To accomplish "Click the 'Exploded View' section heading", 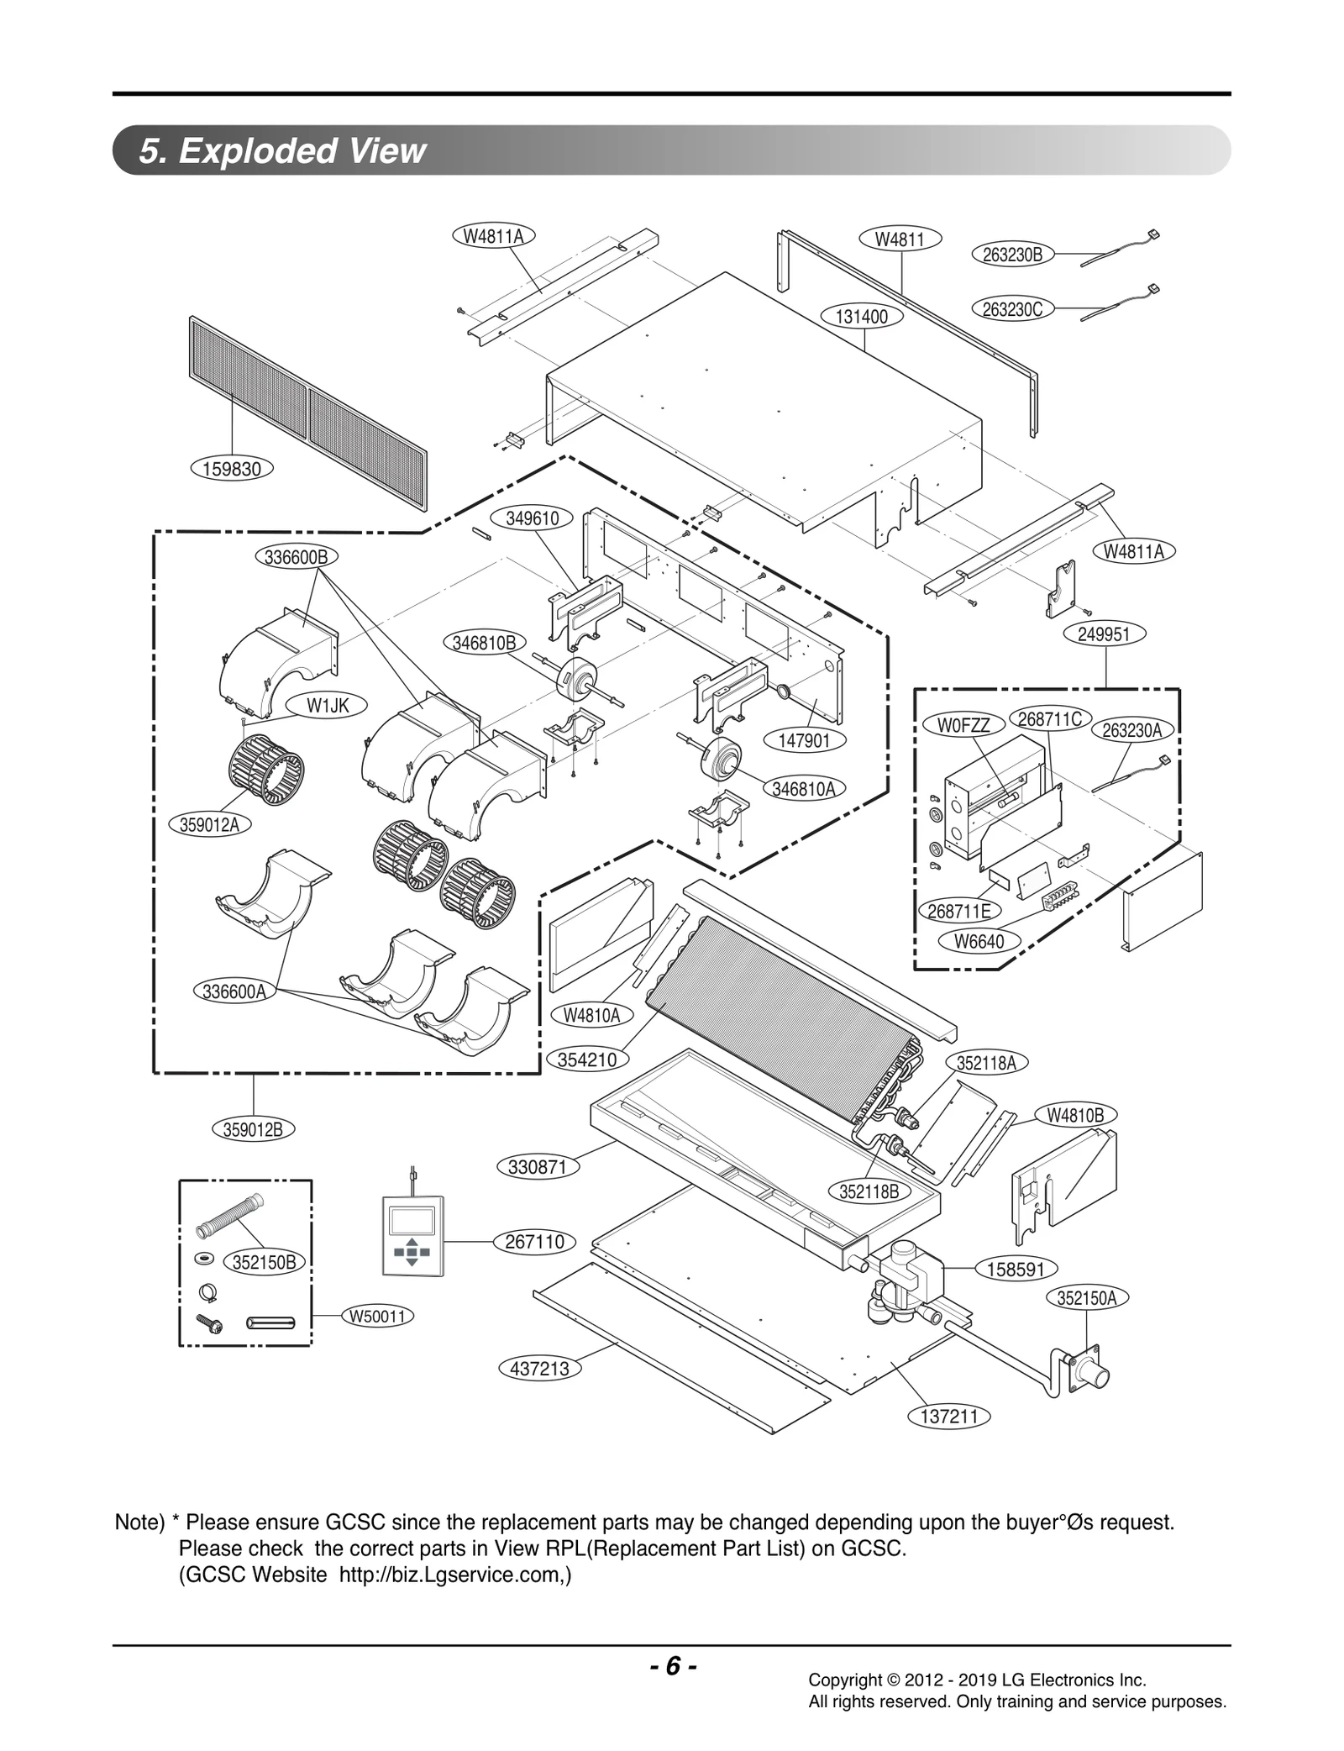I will tap(282, 151).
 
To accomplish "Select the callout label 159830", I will tap(232, 469).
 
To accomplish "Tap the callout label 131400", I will tap(862, 317).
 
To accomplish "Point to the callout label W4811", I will tap(900, 239).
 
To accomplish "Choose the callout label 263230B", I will tap(1012, 255).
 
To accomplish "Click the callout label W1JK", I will tap(327, 706).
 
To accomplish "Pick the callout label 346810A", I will tap(804, 789).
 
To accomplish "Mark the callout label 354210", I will tap(587, 1060).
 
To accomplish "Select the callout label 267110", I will tap(534, 1242).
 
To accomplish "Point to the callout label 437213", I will tap(539, 1369).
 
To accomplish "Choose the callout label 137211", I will tap(949, 1417).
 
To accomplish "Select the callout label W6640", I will tap(979, 942).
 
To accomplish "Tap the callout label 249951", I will tap(1105, 634).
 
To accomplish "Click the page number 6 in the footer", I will tap(672, 1665).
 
